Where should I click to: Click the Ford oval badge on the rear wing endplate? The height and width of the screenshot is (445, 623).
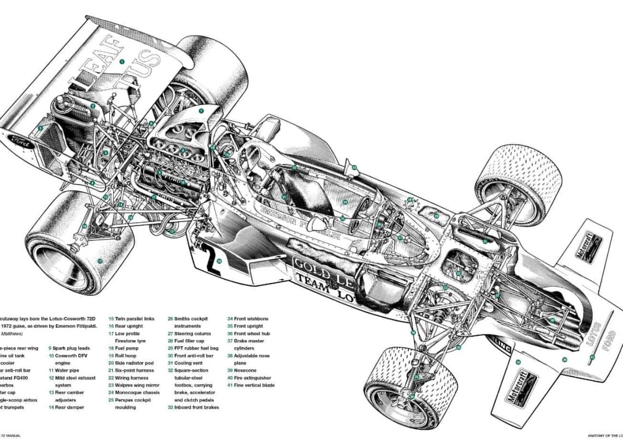pos(21,141)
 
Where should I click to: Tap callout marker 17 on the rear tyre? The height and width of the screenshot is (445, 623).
pos(100,261)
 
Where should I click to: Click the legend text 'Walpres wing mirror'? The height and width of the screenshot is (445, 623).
pos(137,384)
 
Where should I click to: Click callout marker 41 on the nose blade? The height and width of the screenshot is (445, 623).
pos(591,358)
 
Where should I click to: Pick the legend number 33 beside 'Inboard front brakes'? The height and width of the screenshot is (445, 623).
pos(171,407)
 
